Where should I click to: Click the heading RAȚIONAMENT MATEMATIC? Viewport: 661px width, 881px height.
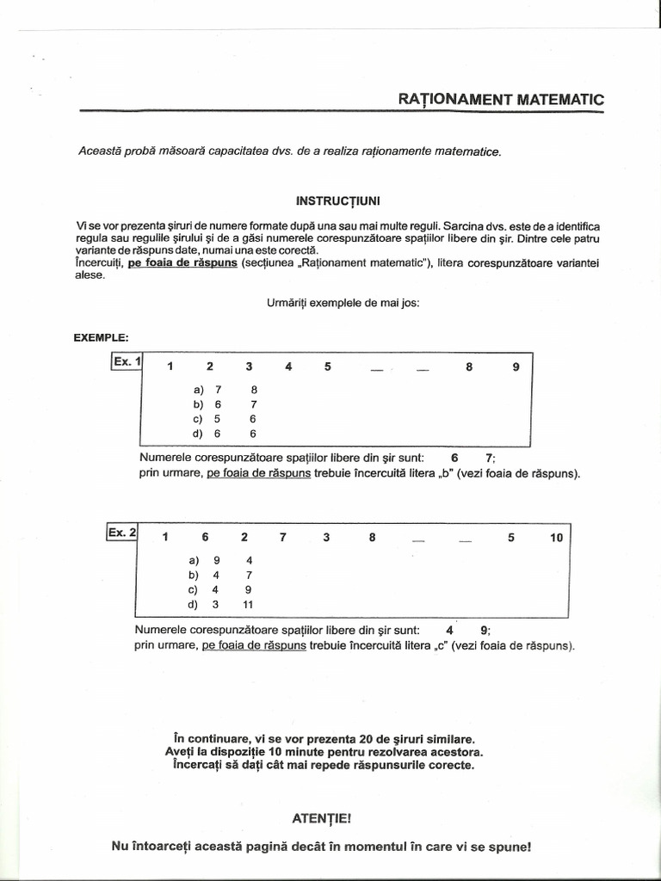click(x=501, y=99)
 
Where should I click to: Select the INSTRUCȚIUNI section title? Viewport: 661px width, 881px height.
click(x=332, y=200)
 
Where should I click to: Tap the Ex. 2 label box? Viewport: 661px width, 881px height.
click(x=121, y=533)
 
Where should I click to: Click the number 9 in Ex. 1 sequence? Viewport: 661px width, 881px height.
click(x=516, y=367)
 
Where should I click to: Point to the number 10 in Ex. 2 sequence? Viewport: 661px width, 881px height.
click(x=556, y=538)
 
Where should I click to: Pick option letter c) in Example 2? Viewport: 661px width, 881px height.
click(x=194, y=589)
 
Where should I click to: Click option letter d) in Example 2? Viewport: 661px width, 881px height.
click(x=194, y=604)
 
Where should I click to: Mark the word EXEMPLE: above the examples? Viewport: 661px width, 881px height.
click(x=102, y=336)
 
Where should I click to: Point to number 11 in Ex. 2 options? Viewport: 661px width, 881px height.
click(x=249, y=604)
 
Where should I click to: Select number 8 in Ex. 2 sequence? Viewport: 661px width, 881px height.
click(x=372, y=538)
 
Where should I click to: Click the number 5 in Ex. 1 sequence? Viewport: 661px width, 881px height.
click(x=328, y=367)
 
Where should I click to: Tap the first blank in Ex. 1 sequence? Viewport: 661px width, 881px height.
click(x=376, y=368)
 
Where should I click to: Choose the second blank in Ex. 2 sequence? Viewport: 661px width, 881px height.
click(x=465, y=540)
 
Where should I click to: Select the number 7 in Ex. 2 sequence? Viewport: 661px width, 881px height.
click(x=282, y=538)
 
